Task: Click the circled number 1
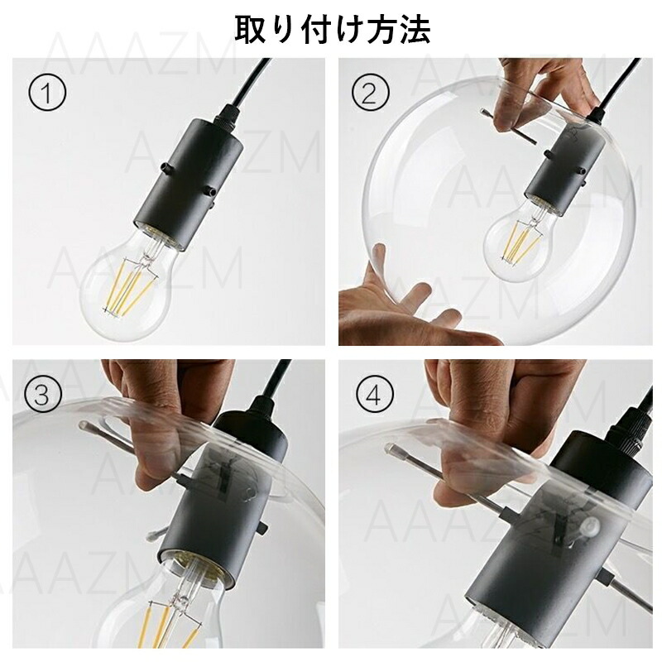click(x=47, y=93)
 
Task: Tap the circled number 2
click(x=370, y=93)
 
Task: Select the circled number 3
click(x=41, y=395)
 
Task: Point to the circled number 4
click(x=374, y=395)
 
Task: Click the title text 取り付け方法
click(x=333, y=30)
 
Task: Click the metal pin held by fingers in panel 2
click(x=509, y=127)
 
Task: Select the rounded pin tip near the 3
click(x=85, y=425)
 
